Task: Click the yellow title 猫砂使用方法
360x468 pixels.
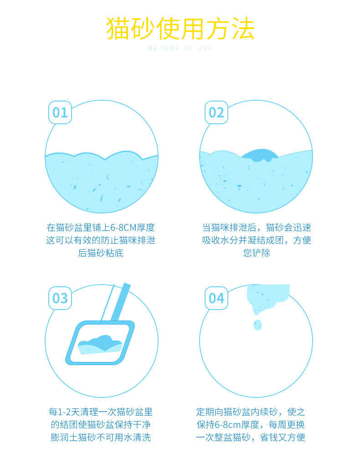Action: coord(180,28)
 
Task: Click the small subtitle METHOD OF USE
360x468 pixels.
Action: coord(180,48)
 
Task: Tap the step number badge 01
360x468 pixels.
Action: coord(60,112)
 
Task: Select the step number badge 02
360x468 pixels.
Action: coord(216,112)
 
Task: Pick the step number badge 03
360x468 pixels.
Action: coord(60,298)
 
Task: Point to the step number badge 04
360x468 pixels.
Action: coord(216,298)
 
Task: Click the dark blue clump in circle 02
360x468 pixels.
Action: coord(260,155)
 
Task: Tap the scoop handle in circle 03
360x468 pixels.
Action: coord(119,303)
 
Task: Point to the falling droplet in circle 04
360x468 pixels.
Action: coord(257,325)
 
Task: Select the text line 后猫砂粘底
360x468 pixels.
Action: coord(101,253)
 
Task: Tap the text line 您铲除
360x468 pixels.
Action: coord(257,253)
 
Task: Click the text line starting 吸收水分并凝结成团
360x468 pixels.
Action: coord(257,240)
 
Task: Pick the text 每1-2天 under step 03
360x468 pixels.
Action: coord(63,412)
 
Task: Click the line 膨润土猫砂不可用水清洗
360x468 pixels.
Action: coord(101,437)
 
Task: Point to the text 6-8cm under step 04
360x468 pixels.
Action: coord(228,425)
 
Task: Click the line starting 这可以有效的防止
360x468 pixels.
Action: coord(101,240)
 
